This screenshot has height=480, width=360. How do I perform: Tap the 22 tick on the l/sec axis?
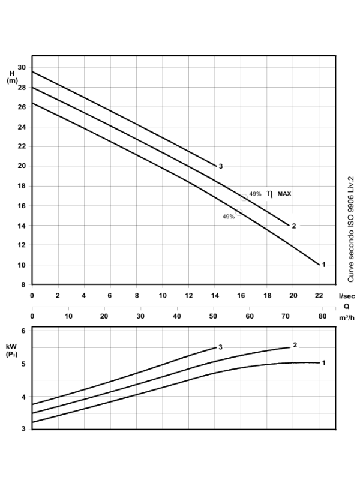pos(319,295)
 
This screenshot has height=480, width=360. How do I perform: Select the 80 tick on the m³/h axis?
pos(322,316)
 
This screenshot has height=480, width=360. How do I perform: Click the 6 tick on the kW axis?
pos(23,331)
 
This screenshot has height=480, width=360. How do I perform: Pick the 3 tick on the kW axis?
pos(23,428)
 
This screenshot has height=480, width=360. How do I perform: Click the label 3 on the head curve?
pos(221,166)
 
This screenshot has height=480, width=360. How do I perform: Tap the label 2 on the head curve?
pos(293,226)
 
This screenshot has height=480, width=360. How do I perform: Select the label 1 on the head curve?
pos(324,265)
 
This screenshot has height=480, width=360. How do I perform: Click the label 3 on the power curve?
pos(221,347)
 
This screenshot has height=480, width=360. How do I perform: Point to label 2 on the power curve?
pos(295,345)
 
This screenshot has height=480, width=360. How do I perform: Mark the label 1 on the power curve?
pos(324,362)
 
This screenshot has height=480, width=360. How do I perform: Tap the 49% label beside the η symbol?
pos(255,194)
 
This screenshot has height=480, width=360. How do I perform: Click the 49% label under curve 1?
pos(228,216)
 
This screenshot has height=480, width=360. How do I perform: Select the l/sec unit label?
pos(346,295)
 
